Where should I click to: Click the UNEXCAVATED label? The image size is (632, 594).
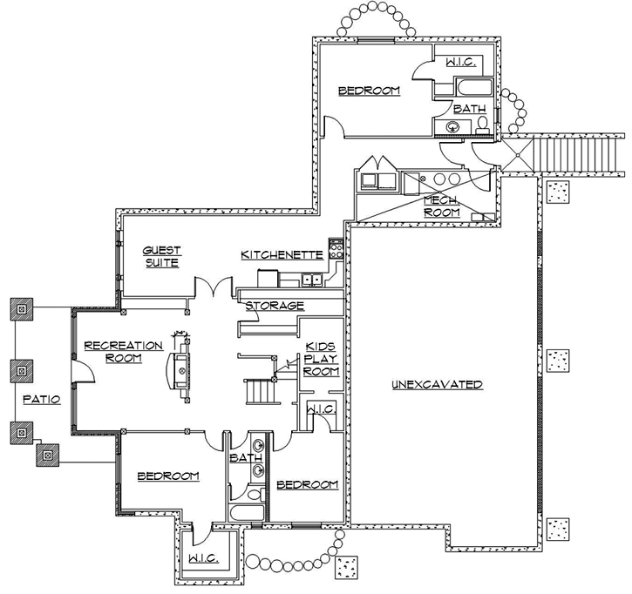pos(437,384)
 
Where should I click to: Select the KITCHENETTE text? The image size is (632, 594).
pos(282,255)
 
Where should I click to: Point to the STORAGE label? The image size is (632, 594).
pos(275,306)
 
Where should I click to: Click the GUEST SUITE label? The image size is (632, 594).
pos(162,256)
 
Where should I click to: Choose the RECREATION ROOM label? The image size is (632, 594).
pos(123,352)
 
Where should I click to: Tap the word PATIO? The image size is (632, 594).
pos(41,400)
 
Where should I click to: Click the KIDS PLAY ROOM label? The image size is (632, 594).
pos(321,359)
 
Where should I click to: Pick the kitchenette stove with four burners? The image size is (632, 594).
pos(334,252)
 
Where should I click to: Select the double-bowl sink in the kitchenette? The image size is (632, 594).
pos(309,279)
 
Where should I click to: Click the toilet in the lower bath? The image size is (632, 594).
pos(254,494)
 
